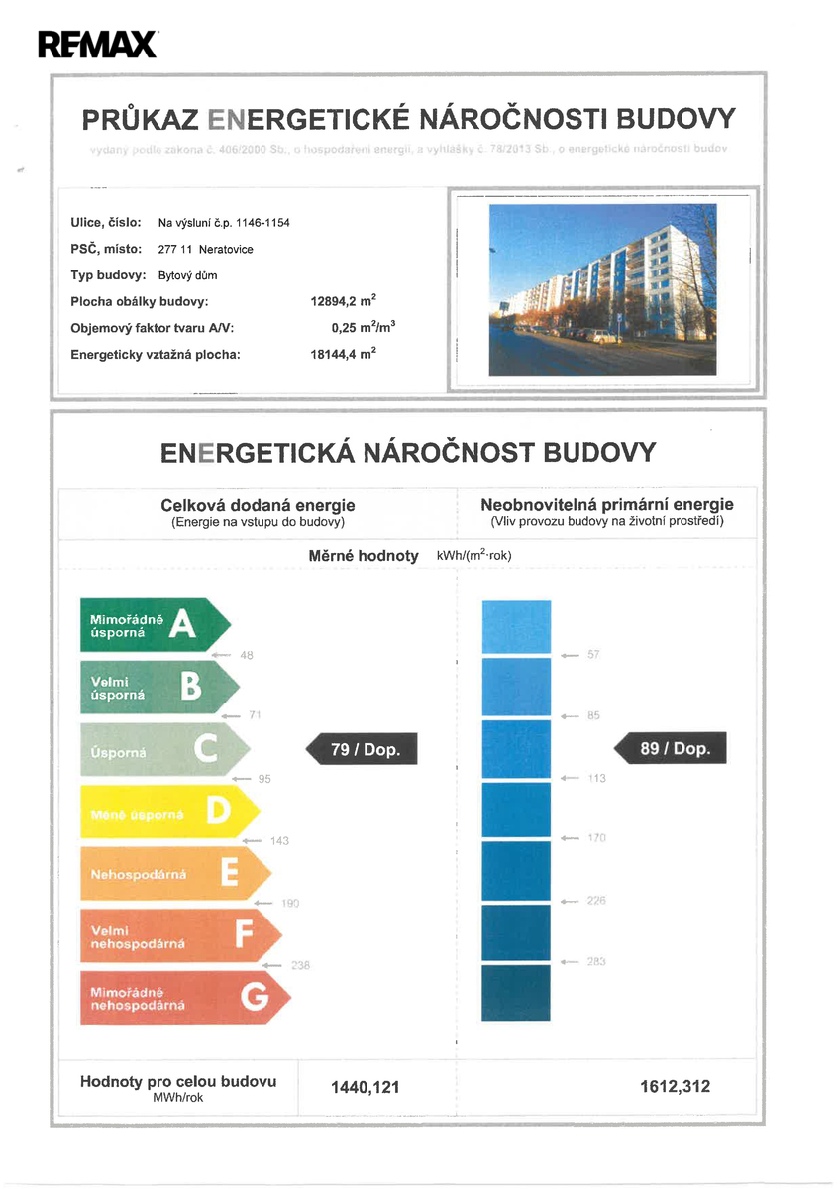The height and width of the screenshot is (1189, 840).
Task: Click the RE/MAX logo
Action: click(x=96, y=44)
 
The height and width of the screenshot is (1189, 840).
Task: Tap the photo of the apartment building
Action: click(x=602, y=289)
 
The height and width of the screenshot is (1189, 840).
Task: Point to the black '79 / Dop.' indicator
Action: click(x=363, y=749)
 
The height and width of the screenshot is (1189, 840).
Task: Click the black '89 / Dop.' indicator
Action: click(x=672, y=748)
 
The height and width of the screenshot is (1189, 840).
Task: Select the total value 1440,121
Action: click(x=365, y=1087)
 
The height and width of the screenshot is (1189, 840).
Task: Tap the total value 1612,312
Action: click(x=676, y=1086)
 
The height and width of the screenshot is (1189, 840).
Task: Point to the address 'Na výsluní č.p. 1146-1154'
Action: click(x=225, y=223)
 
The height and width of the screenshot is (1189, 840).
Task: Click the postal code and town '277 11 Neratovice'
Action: click(x=206, y=249)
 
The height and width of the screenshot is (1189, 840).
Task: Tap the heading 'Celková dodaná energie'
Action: click(x=258, y=505)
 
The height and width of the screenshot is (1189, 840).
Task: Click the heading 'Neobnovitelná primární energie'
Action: click(x=607, y=505)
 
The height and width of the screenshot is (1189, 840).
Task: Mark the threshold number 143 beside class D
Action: click(x=279, y=841)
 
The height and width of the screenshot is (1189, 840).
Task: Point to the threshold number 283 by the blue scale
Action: click(x=596, y=962)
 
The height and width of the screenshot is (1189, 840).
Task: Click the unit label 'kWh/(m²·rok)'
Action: click(x=473, y=555)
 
